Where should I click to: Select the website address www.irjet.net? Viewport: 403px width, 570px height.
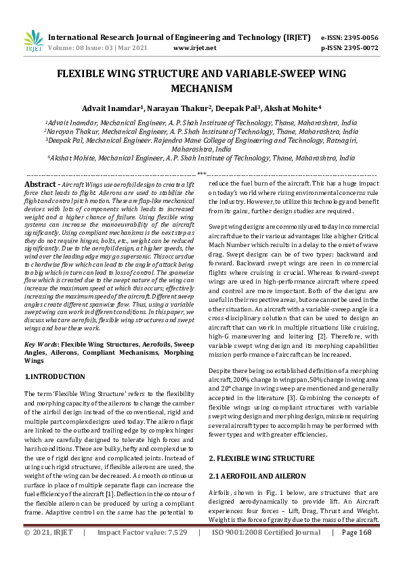click(194, 49)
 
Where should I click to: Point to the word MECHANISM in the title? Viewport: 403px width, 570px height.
click(201, 88)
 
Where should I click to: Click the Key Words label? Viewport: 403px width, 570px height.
click(41, 345)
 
